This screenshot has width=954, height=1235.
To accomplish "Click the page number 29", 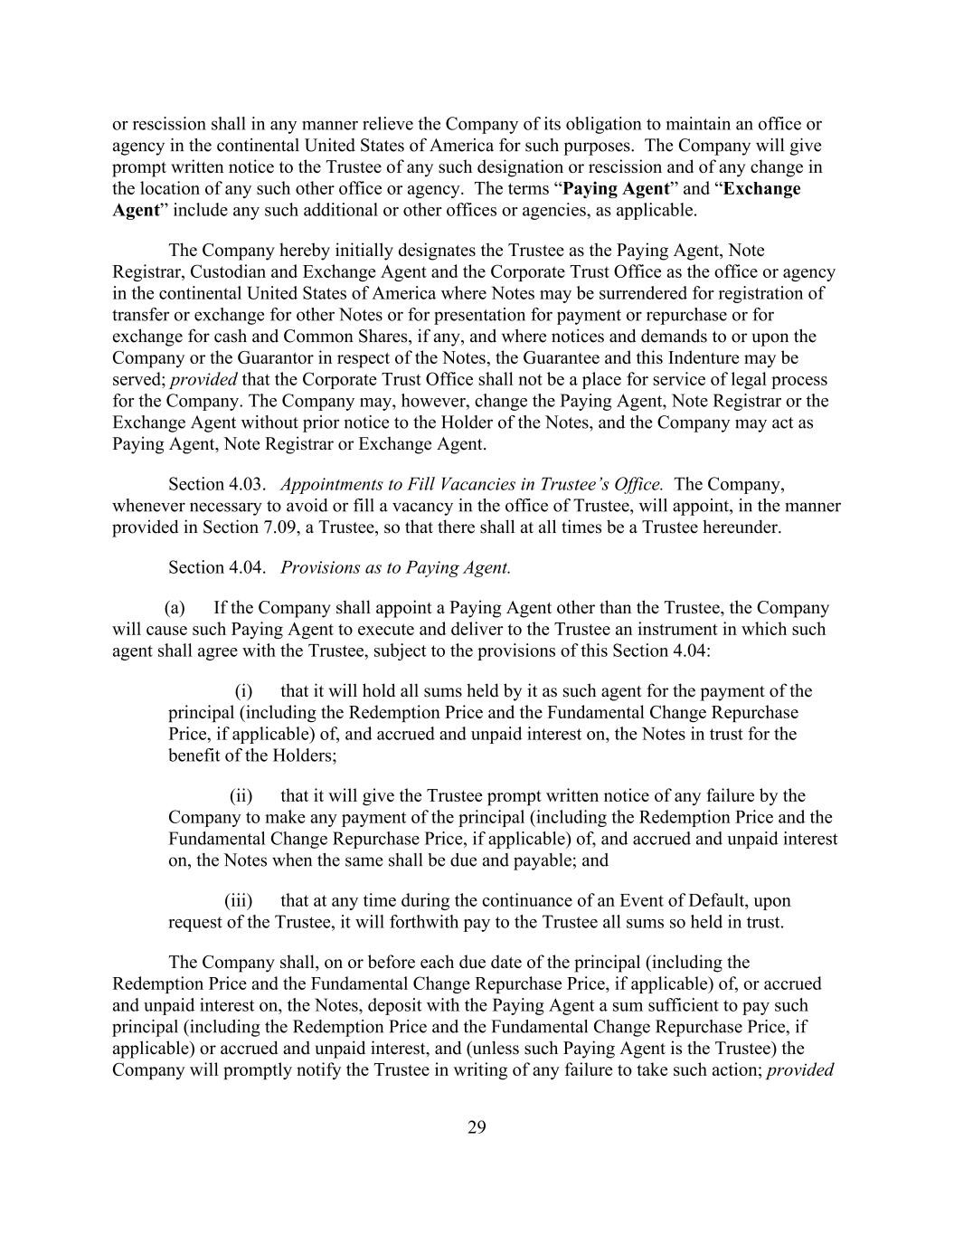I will [477, 1126].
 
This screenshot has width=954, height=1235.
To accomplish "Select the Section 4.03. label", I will [216, 484].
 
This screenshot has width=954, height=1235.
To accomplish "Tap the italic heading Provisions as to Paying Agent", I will [395, 567].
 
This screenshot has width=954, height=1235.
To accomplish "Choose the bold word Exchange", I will [762, 188].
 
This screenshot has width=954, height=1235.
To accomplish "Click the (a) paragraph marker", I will [175, 608].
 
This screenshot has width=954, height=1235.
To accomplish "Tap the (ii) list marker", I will [241, 796].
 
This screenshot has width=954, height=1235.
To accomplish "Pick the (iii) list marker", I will [238, 901].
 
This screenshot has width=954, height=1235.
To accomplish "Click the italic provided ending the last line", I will [799, 1069].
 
